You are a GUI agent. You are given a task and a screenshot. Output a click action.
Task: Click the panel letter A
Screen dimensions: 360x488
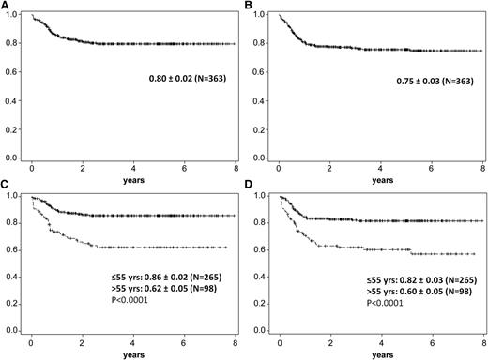tap(5, 6)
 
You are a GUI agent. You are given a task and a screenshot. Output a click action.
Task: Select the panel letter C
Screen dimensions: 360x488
tap(5, 186)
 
